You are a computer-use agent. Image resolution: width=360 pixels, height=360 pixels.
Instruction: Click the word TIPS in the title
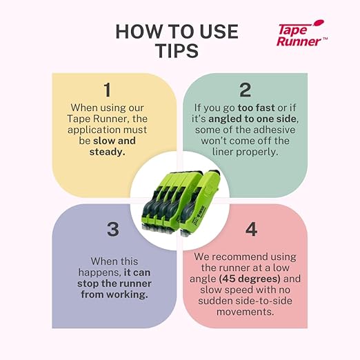pyautogui.click(x=177, y=50)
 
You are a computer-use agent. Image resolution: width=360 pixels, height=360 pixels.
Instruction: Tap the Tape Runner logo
pyautogui.click(x=301, y=33)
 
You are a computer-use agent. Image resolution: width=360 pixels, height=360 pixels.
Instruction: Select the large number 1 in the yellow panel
pyautogui.click(x=108, y=90)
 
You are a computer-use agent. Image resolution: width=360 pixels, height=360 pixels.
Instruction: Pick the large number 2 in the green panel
pyautogui.click(x=245, y=90)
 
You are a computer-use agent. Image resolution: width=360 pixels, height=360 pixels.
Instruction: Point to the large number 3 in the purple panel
pyautogui.click(x=113, y=229)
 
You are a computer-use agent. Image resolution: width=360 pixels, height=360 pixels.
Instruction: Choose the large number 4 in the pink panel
pyautogui.click(x=251, y=229)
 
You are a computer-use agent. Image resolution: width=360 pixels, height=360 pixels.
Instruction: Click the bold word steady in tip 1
pyautogui.click(x=107, y=152)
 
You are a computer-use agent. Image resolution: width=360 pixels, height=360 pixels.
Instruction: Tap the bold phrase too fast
pyautogui.click(x=256, y=108)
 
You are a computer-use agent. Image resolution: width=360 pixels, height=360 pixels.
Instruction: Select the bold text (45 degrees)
pyautogui.click(x=250, y=279)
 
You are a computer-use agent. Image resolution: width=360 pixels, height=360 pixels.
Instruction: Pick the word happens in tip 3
pyautogui.click(x=99, y=272)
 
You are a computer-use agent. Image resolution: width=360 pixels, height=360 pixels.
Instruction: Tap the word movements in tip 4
pyautogui.click(x=245, y=312)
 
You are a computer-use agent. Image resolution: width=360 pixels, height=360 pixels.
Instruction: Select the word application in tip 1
pyautogui.click(x=94, y=130)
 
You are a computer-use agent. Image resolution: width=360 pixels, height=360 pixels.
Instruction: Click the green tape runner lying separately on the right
pyautogui.click(x=199, y=202)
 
